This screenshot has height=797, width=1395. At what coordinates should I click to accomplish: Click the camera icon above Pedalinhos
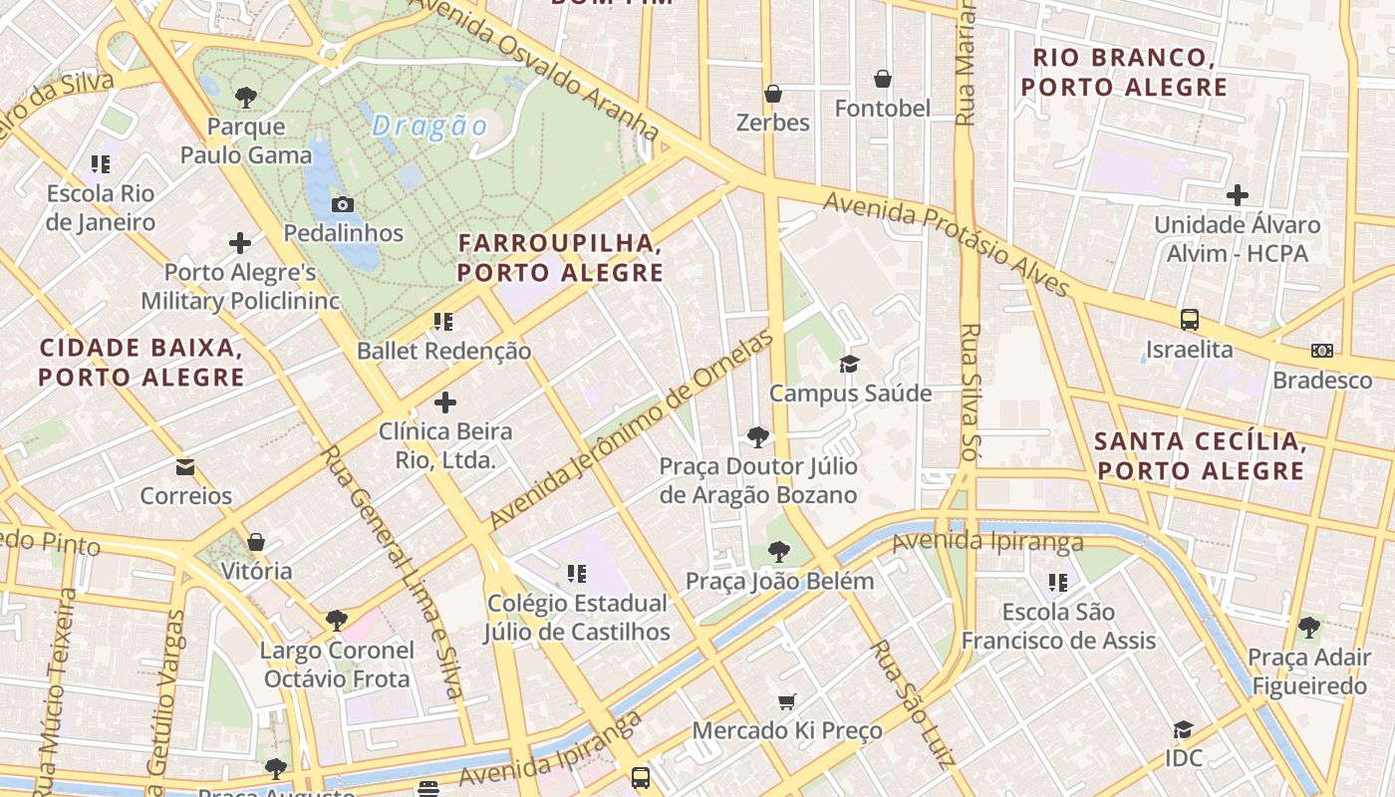coord(342,205)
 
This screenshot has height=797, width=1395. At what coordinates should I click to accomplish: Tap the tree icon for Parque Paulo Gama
coord(245,98)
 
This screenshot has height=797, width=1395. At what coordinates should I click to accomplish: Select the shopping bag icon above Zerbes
coord(772,94)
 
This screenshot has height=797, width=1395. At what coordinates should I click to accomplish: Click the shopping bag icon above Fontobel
coord(882,79)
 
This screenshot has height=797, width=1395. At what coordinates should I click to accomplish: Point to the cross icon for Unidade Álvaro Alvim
coord(1237,195)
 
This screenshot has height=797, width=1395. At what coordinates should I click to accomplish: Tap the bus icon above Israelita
coord(1189,320)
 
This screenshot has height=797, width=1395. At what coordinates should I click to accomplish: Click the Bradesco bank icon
coord(1321,351)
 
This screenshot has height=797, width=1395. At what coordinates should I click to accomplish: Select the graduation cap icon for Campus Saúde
coord(849,364)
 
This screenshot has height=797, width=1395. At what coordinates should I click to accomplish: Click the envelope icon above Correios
coord(185,466)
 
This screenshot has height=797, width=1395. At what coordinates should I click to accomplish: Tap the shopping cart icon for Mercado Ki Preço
coord(786,701)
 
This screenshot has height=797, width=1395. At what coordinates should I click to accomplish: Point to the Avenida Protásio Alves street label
coord(947,244)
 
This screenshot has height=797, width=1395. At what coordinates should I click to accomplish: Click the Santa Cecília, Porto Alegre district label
coord(1199,455)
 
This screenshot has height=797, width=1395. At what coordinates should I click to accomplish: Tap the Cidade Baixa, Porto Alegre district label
coord(141,362)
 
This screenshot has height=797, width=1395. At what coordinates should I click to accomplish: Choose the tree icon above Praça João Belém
coord(779,551)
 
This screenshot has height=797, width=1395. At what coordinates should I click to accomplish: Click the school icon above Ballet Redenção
coord(443,321)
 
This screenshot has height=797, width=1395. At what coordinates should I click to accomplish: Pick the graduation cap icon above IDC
coord(1183,729)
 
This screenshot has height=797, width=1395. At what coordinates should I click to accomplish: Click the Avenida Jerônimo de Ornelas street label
coord(632,430)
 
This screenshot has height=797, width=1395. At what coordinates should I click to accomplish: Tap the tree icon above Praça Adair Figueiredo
coord(1308,628)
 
